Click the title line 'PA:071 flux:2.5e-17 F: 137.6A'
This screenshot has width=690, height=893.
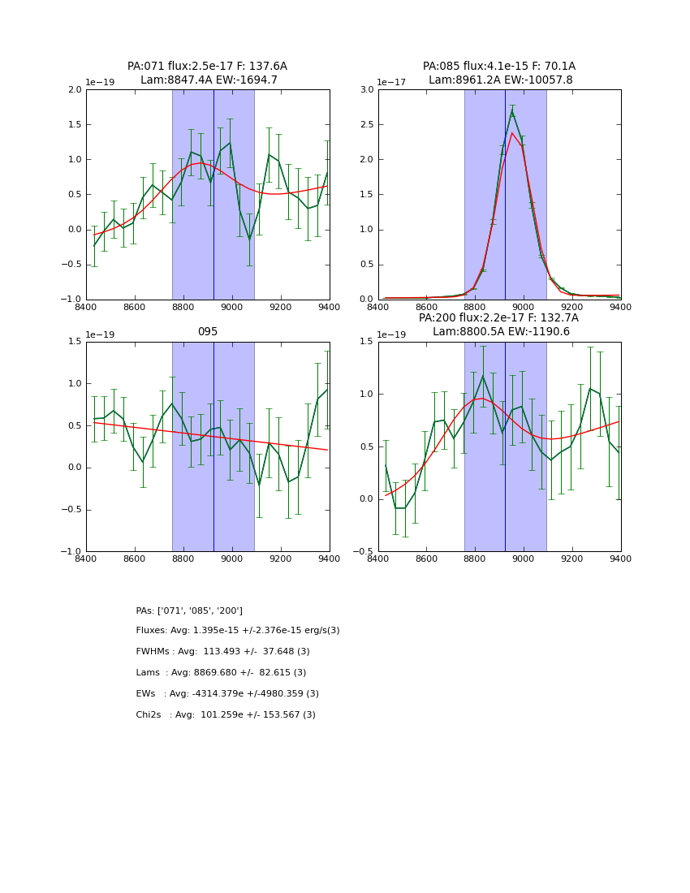(207, 67)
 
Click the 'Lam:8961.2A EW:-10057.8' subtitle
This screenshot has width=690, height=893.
(500, 80)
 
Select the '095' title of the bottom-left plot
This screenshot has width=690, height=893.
(207, 332)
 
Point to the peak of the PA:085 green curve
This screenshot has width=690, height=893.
(511, 111)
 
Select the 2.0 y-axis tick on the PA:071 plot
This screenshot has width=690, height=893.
(75, 90)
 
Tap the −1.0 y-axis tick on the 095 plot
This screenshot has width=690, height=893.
(72, 551)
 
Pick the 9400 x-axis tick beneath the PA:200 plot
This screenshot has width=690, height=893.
(620, 559)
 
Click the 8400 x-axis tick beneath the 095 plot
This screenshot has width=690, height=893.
(86, 559)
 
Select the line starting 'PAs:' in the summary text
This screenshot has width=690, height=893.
(189, 610)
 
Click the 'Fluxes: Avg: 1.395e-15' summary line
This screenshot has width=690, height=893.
(238, 631)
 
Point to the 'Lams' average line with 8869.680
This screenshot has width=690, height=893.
(221, 673)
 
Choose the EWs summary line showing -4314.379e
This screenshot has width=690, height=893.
(227, 694)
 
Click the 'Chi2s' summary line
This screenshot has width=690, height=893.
(226, 715)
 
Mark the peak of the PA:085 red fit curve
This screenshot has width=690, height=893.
(511, 133)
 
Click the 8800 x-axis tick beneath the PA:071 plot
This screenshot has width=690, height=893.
(183, 307)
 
